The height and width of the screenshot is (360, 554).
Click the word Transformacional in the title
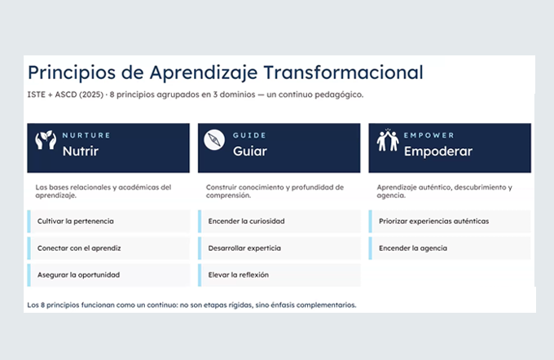coord(343,72)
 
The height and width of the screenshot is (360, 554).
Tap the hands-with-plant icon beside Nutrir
coord(46,140)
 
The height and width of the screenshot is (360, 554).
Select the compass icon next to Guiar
coord(214,140)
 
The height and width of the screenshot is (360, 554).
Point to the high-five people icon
coord(388,140)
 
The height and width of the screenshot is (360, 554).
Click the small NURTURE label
coord(86,135)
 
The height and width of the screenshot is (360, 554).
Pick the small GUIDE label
coord(249,135)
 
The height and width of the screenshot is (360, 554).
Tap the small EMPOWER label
coord(429,135)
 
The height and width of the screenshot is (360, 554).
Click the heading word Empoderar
coord(438,151)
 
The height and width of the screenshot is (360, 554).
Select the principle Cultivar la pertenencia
coord(76,222)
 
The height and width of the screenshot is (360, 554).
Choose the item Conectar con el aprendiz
coord(79,248)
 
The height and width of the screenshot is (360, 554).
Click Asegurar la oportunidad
coord(78,274)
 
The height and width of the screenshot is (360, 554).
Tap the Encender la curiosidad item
coord(246,222)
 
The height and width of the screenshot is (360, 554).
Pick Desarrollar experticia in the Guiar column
coord(244,248)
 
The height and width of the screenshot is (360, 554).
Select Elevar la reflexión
coord(239,274)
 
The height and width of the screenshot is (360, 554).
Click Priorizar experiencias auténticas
coord(434,222)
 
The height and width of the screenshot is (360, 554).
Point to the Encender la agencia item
coord(413,248)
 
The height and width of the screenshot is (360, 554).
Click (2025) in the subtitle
coord(91,94)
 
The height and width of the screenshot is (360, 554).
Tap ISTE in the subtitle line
coord(37,94)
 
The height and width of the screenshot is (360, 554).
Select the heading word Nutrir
coord(81,151)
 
